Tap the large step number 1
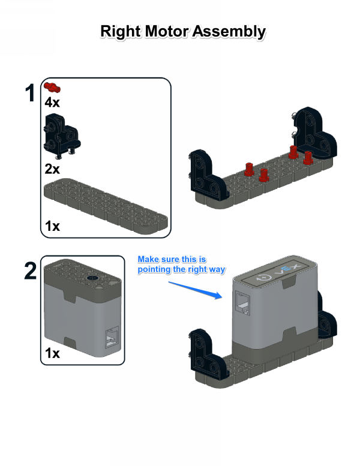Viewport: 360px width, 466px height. (31, 93)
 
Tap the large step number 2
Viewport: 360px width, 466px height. (31, 270)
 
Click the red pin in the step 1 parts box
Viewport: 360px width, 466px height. (52, 87)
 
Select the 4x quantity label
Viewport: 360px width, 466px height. (52, 102)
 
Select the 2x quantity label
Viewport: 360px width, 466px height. (52, 169)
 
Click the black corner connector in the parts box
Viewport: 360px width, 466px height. (62, 136)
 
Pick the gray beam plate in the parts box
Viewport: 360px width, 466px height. (106, 205)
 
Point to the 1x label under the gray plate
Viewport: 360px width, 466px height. (52, 226)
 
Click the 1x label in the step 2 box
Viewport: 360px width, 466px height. (52, 353)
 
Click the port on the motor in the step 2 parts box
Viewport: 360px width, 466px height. (112, 338)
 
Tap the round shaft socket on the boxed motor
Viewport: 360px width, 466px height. (92, 278)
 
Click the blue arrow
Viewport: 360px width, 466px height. (196, 290)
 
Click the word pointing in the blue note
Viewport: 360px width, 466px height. (154, 270)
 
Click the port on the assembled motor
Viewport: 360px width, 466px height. (242, 303)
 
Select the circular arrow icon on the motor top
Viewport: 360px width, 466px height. (264, 278)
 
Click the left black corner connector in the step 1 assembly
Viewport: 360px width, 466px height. (208, 174)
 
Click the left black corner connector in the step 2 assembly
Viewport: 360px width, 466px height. (208, 354)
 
